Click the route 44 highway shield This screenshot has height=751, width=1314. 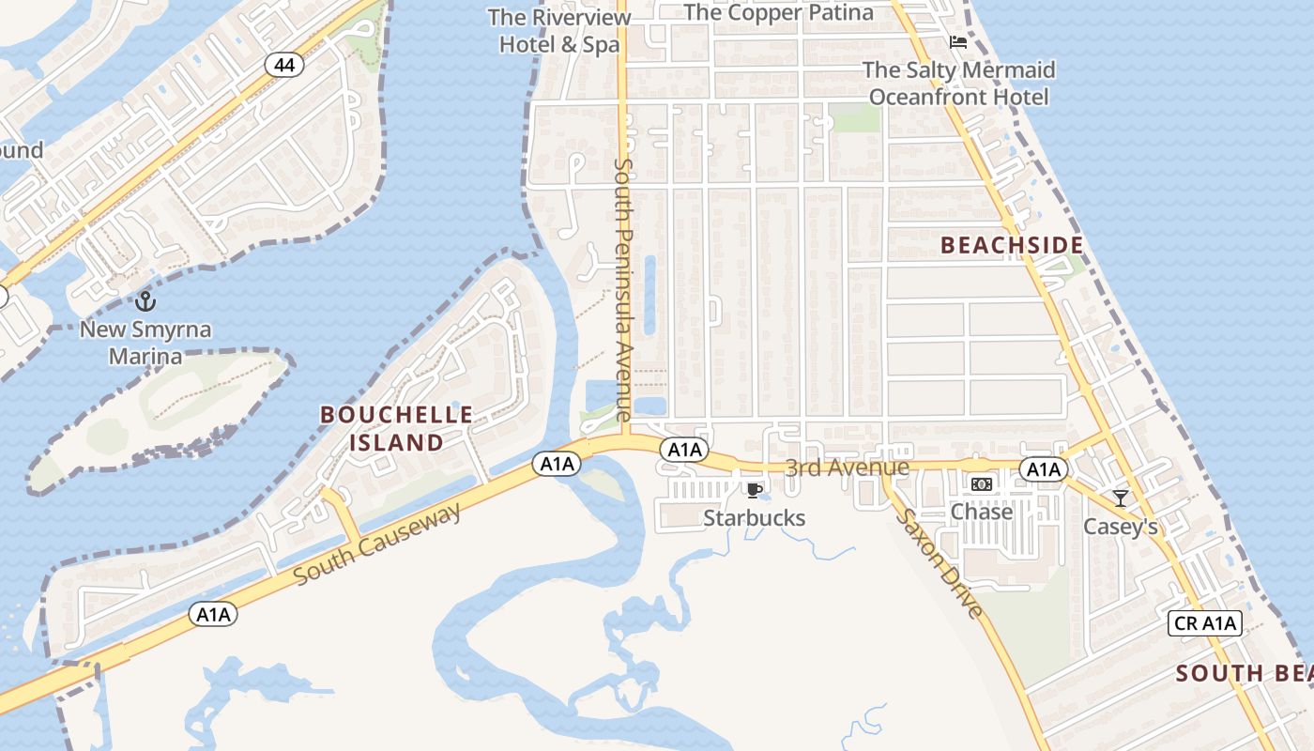(x=283, y=65)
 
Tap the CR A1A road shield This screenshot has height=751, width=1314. (x=1205, y=623)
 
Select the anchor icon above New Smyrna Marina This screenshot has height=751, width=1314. (x=145, y=301)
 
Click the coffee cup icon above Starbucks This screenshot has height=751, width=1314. (x=753, y=490)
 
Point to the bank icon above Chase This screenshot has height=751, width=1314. (x=982, y=484)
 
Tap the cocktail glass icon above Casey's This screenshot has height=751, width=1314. (x=1120, y=498)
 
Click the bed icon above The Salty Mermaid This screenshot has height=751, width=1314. (x=958, y=42)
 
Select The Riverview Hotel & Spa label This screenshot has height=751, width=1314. (x=559, y=31)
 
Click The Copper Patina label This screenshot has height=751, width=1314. (x=779, y=12)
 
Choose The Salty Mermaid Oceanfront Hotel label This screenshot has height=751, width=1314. (x=958, y=84)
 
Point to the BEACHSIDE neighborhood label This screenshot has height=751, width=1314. (x=1012, y=246)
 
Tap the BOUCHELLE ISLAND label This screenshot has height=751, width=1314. (x=397, y=428)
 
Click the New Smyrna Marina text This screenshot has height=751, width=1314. (x=145, y=343)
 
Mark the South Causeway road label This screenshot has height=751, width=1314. (x=378, y=544)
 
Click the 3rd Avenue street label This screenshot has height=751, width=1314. (x=847, y=467)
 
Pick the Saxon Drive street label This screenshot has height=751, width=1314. (x=939, y=563)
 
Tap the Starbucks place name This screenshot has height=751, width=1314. (x=754, y=518)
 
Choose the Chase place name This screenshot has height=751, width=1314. (x=982, y=512)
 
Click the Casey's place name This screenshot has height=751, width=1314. (x=1121, y=527)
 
